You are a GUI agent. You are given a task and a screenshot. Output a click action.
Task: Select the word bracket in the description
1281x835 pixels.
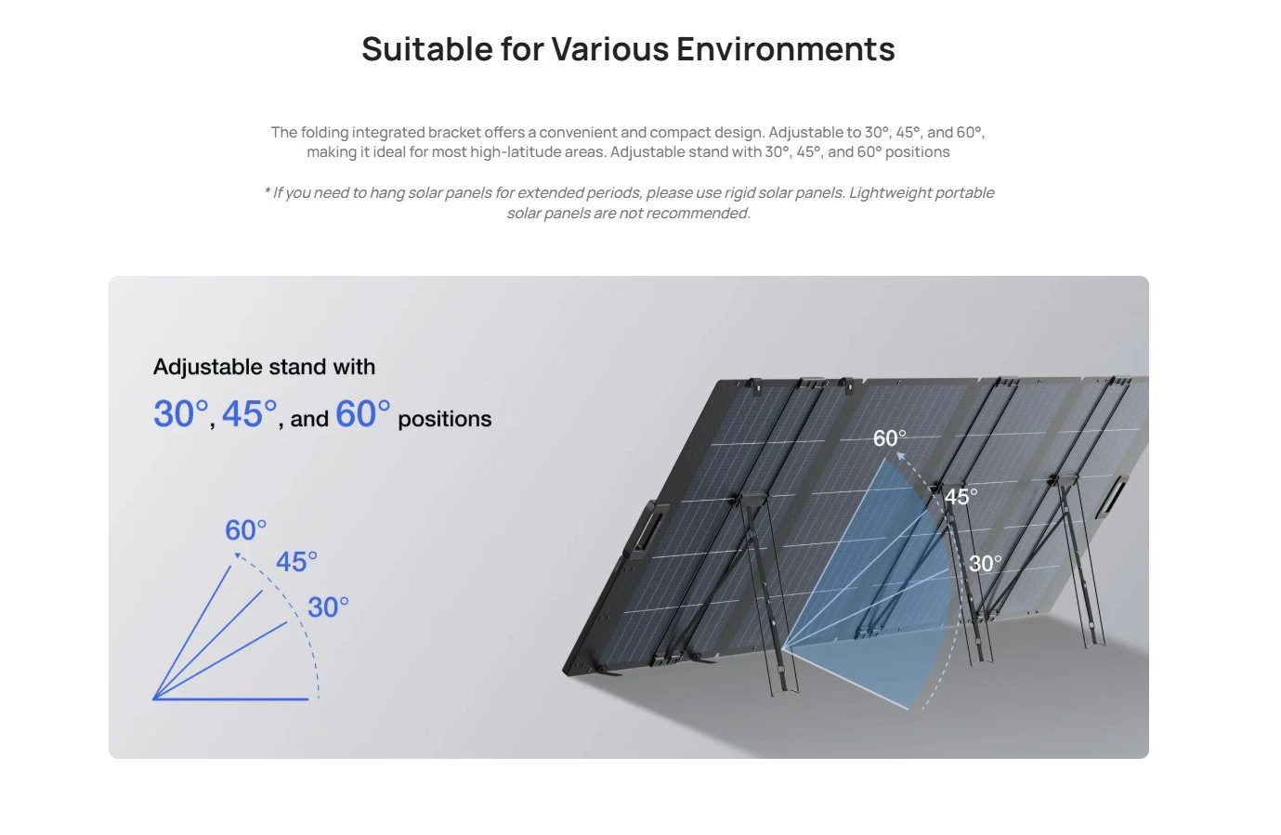454,132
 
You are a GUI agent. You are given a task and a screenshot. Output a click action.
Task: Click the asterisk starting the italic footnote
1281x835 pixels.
267,193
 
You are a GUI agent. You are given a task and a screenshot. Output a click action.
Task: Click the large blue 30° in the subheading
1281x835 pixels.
181,414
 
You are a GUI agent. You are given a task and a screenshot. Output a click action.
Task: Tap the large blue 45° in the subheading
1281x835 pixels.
250,414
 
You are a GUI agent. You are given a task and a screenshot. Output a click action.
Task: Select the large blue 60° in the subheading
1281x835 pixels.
362,414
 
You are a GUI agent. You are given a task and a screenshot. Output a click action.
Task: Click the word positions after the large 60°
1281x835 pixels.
444,419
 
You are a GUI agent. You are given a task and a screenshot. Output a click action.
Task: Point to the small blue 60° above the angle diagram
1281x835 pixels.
245,530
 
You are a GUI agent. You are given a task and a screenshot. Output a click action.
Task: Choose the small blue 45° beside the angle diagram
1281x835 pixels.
296,562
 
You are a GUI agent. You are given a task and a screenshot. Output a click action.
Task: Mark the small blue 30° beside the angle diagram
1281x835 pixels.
328,607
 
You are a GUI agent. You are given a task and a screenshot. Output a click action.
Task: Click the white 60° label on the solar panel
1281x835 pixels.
889,438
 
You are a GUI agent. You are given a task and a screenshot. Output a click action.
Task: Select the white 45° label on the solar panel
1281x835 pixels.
961,497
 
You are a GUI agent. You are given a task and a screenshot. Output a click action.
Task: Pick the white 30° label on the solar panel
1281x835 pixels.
985,564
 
